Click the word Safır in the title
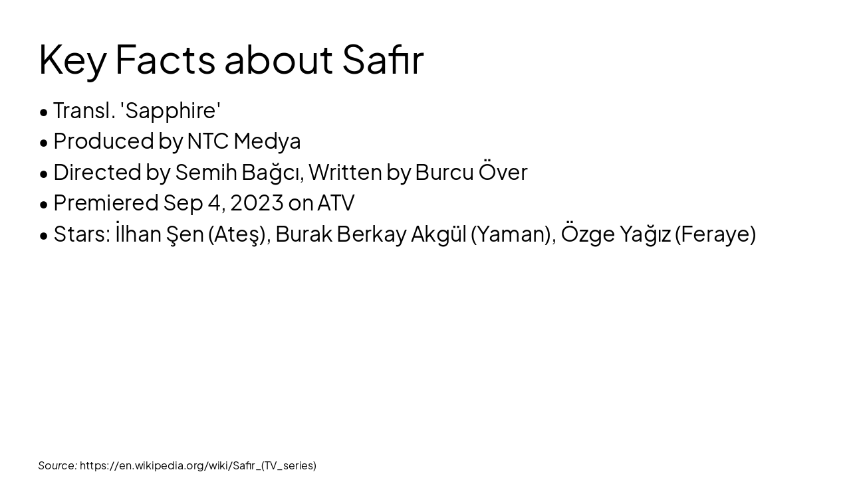tap(383, 60)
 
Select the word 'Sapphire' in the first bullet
tap(170, 111)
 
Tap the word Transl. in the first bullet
tap(84, 111)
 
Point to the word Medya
tap(267, 142)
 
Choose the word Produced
tap(104, 141)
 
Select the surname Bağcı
tap(273, 173)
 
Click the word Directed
tap(97, 172)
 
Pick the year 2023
tap(257, 203)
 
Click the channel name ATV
tap(336, 203)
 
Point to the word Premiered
tap(106, 202)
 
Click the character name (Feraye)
tap(715, 234)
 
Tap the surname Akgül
tap(439, 234)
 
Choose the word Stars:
tap(82, 234)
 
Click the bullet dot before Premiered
tap(44, 204)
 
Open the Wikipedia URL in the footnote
tap(198, 466)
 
